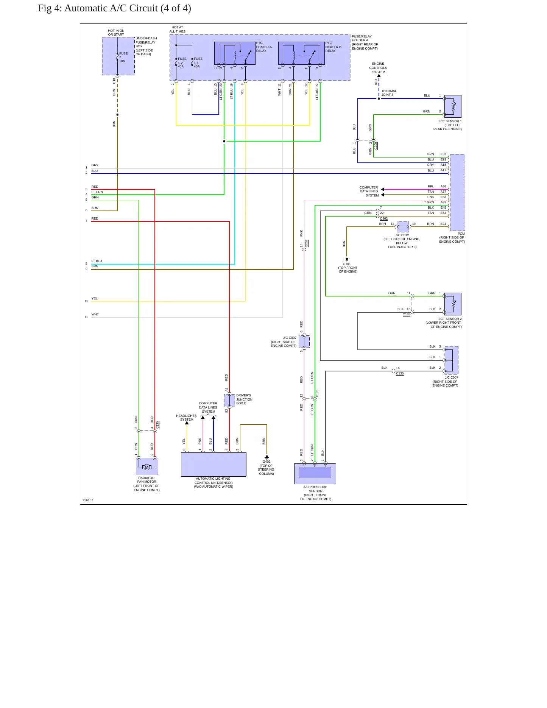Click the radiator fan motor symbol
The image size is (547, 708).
147,466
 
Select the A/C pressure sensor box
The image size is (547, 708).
315,474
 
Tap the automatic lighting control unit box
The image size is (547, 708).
214,465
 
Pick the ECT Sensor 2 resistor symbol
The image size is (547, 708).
453,304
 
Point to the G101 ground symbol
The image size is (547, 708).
347,260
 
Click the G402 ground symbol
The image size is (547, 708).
266,457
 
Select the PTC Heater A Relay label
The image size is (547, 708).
264,47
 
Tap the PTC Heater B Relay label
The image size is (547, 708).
333,47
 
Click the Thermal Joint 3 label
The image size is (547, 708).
389,93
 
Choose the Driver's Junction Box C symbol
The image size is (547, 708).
229,400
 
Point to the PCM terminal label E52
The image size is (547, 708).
443,154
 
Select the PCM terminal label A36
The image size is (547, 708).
443,187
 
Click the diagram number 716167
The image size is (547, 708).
88,500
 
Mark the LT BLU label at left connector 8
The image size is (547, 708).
97,261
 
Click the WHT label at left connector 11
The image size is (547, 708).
95,314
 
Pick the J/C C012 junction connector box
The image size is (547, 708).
403,227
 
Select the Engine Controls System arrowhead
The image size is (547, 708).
379,76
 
